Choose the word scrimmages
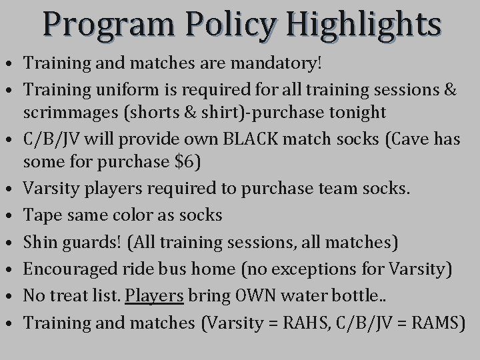tap(67, 112)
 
